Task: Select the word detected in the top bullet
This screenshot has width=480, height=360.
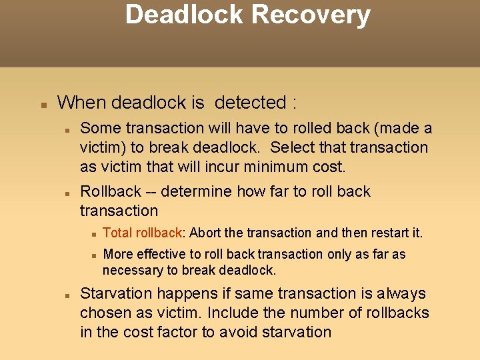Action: point(250,103)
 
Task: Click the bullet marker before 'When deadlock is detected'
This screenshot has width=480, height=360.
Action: point(43,105)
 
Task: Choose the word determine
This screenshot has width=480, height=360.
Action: point(197,192)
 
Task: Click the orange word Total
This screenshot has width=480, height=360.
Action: point(119,233)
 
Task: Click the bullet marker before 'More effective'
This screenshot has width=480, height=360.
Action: point(95,255)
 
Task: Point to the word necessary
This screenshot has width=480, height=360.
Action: point(133,271)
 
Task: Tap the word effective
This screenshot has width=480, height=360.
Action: point(163,254)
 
